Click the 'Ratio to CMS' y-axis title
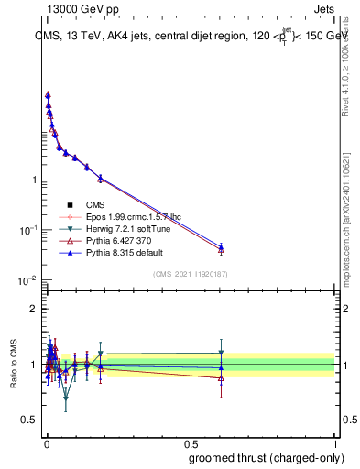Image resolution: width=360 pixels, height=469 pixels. [13, 364]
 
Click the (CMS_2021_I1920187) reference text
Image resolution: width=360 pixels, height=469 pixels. [189, 274]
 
